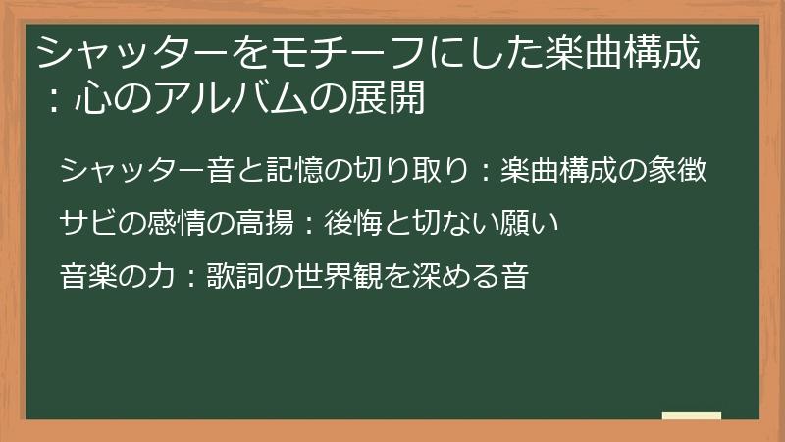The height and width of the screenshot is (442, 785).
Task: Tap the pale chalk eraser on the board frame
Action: point(692,416)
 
